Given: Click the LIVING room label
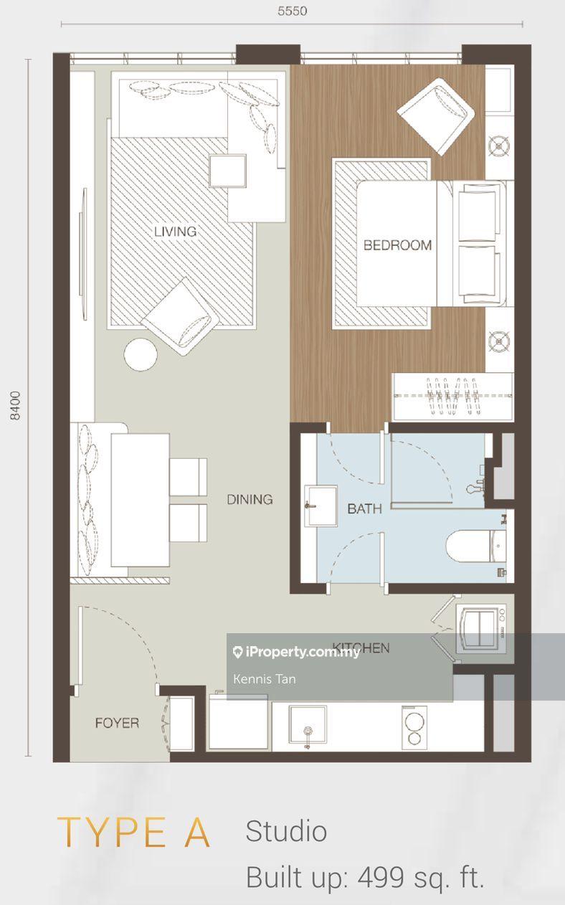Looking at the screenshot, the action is (x=175, y=232).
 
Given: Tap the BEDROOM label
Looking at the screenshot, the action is (x=397, y=245).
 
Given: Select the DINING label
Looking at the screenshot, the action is (x=250, y=499).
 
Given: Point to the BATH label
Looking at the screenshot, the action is (x=365, y=508).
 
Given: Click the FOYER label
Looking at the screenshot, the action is (x=117, y=723).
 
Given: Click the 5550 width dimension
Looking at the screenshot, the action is (x=292, y=11).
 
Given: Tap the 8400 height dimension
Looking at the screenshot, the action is (x=15, y=406).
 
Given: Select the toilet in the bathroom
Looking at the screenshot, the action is (x=476, y=546).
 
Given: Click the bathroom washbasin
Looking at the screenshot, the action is (x=321, y=506).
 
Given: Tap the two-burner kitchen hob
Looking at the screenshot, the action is (x=414, y=728).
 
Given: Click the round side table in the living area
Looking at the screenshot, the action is (x=140, y=354).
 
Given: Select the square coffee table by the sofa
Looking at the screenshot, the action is (x=228, y=171).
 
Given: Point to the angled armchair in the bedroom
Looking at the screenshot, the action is (x=436, y=116).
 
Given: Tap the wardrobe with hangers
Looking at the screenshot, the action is (x=453, y=397).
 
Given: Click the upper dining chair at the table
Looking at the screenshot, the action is (x=188, y=477).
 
